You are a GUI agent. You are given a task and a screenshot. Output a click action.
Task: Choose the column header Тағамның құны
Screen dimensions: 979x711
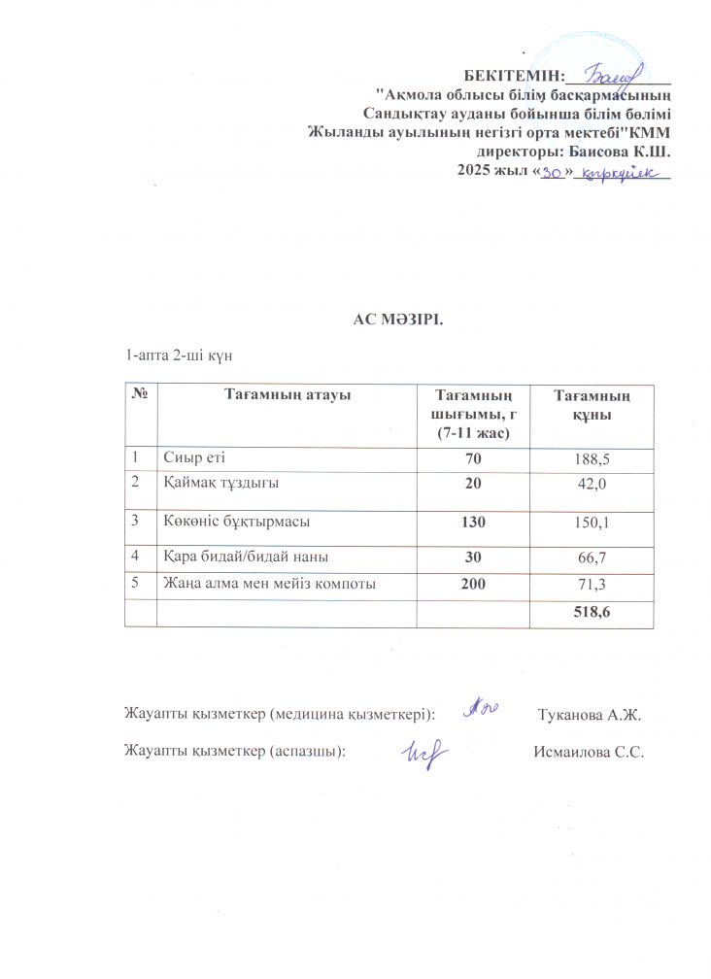point(592,404)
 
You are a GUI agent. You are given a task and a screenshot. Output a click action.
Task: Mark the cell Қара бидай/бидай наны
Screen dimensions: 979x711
point(244,557)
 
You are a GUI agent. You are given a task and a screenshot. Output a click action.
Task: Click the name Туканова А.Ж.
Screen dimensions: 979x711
point(590,716)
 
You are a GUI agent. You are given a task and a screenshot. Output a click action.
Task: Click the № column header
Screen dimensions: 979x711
point(138,394)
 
